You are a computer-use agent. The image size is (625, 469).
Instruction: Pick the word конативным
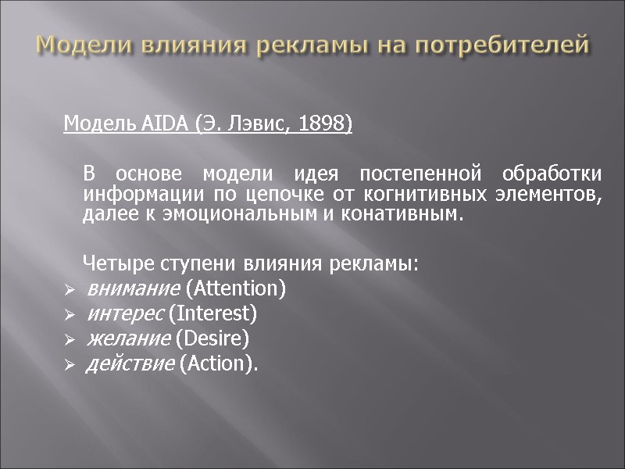pos(401,213)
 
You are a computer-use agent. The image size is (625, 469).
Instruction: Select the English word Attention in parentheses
pos(234,289)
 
